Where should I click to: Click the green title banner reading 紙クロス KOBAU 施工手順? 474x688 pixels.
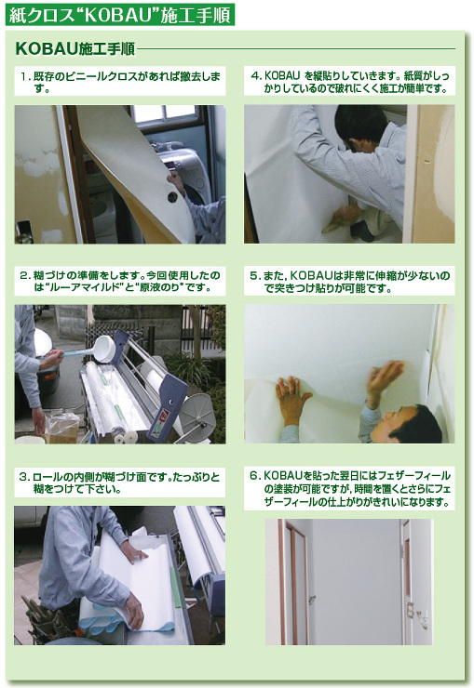120,15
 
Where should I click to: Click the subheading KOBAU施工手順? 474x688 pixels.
74,48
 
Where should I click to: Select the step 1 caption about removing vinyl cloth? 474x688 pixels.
120,82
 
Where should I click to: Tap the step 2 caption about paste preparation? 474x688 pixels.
120,281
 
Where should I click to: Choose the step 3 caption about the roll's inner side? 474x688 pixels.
120,483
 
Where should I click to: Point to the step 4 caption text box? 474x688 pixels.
349,81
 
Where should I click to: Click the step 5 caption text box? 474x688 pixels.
349,281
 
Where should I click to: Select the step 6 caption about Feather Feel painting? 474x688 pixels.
349,489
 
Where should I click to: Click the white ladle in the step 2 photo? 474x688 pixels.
99,350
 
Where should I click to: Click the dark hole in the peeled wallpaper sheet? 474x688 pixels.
172,197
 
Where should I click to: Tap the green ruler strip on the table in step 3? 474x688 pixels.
175,586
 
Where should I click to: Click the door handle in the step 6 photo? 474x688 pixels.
311,600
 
